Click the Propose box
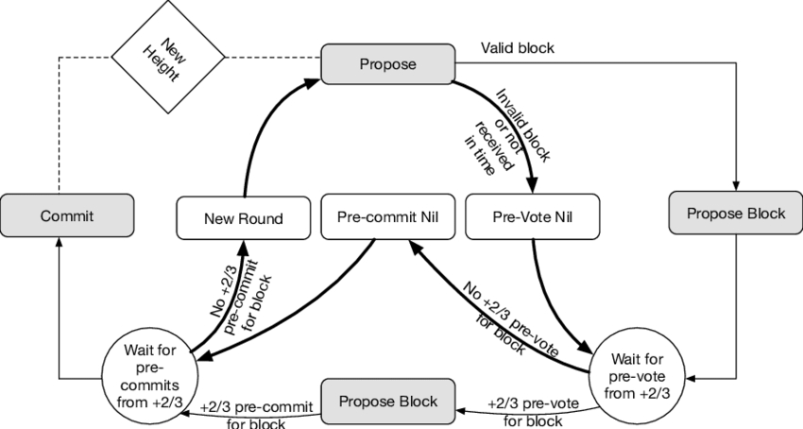tap(388, 64)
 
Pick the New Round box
tap(245, 218)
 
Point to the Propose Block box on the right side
tap(735, 214)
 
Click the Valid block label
tap(518, 47)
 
